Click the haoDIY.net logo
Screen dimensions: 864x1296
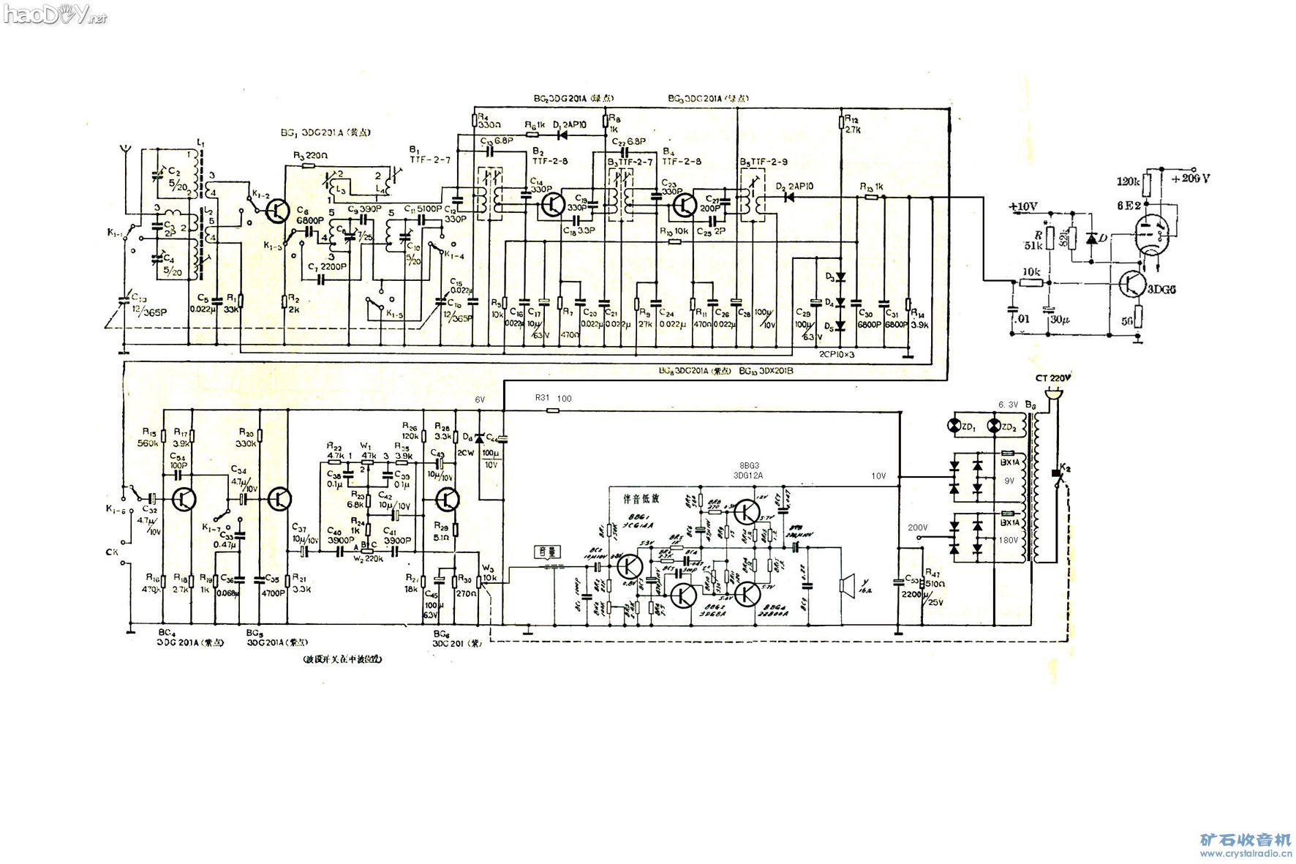(55, 14)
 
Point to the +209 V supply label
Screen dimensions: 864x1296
(1190, 178)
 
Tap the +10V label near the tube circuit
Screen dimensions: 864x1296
(1022, 207)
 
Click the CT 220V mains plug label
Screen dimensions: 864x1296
(1052, 378)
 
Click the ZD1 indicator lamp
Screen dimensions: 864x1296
(954, 426)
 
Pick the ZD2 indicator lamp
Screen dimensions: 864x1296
(994, 426)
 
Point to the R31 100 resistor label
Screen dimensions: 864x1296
(553, 399)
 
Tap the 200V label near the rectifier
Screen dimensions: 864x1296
(917, 527)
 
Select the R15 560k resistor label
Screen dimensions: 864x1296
(148, 437)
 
